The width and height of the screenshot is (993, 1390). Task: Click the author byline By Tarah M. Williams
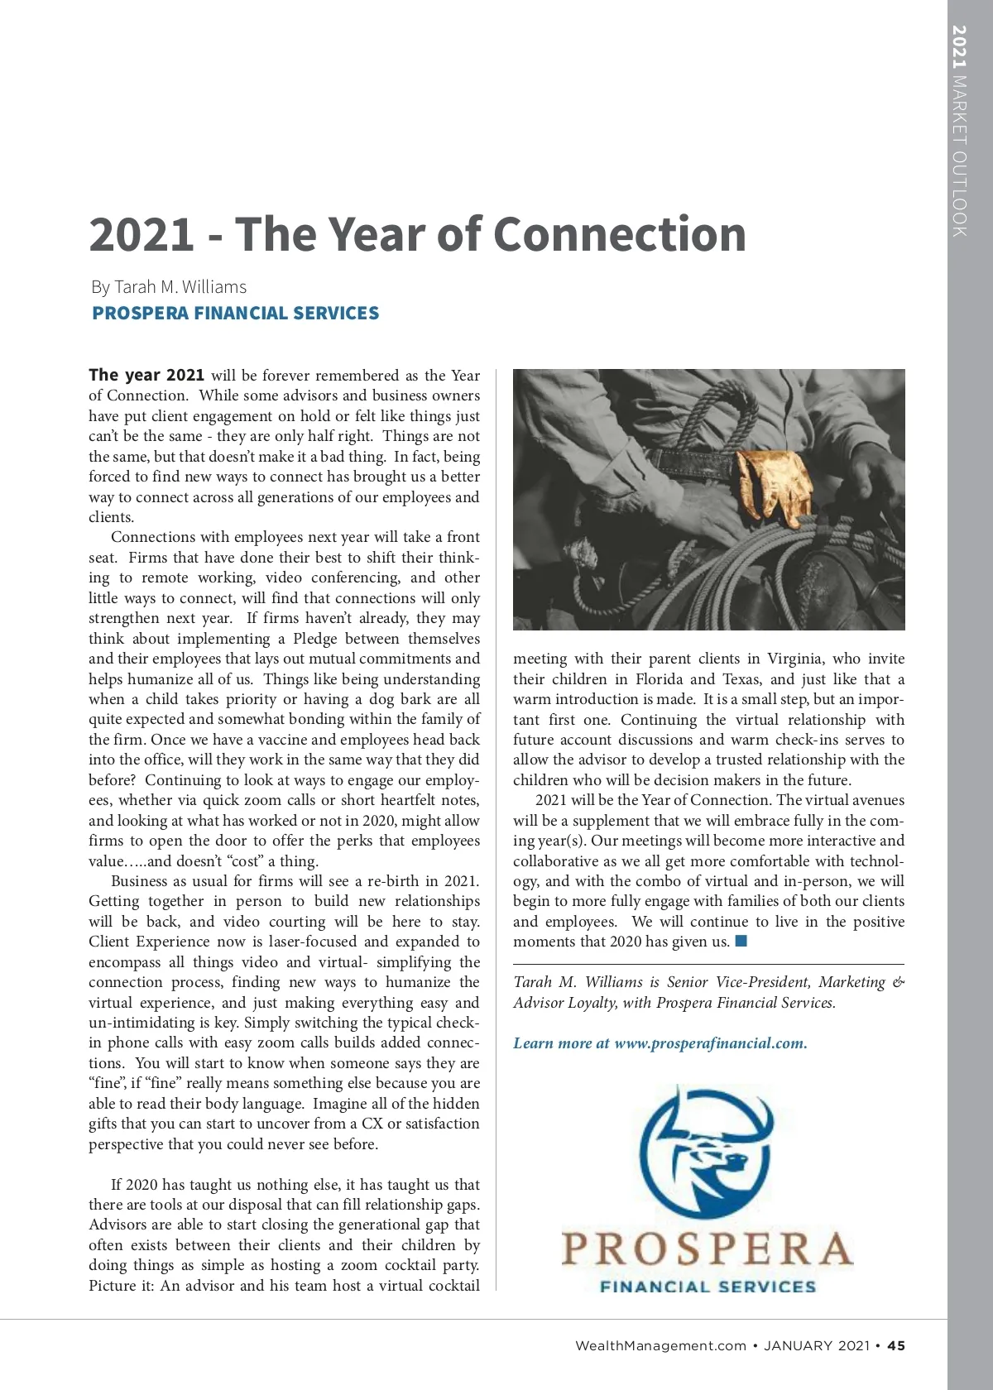[169, 287]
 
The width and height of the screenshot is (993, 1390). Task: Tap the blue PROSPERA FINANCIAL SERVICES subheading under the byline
[235, 314]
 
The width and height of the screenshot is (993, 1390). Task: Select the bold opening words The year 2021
[146, 375]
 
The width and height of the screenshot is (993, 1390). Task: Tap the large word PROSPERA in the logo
[708, 1249]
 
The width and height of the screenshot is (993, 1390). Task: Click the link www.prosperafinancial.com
[710, 1043]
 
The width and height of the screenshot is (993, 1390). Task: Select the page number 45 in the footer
[896, 1346]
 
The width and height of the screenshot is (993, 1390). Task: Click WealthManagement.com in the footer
[660, 1346]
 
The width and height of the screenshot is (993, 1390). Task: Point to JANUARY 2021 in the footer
[816, 1346]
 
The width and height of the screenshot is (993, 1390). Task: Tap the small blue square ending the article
[741, 941]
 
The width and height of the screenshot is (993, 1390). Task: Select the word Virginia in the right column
[794, 659]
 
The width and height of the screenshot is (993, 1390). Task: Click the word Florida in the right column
[659, 679]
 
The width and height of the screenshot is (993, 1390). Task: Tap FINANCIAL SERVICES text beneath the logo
[708, 1287]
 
